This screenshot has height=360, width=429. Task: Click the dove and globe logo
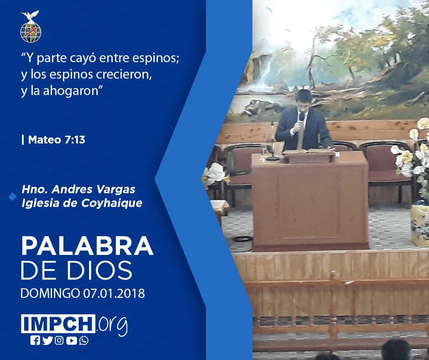pos(31,26)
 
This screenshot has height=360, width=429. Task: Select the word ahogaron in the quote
pos(71,91)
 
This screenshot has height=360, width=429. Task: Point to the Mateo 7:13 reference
pos(53,140)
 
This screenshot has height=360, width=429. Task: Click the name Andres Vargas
pos(93,189)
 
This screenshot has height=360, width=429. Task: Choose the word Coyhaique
pos(112,203)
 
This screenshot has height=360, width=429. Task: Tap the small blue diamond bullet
pos(13,196)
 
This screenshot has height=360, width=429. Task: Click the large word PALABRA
pos(87,246)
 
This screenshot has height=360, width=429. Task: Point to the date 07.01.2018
pos(114,293)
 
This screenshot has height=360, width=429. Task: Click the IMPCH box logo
pos(58,323)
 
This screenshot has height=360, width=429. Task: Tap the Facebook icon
pos(35,340)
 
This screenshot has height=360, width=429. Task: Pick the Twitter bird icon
pos(47,340)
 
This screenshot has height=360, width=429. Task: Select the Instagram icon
pos(59,340)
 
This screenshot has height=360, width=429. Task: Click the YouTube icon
pos(71,340)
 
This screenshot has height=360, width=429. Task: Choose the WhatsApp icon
pos(84,341)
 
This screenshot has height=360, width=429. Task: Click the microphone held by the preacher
pos(302,117)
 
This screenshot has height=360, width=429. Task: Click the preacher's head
pos(303,99)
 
